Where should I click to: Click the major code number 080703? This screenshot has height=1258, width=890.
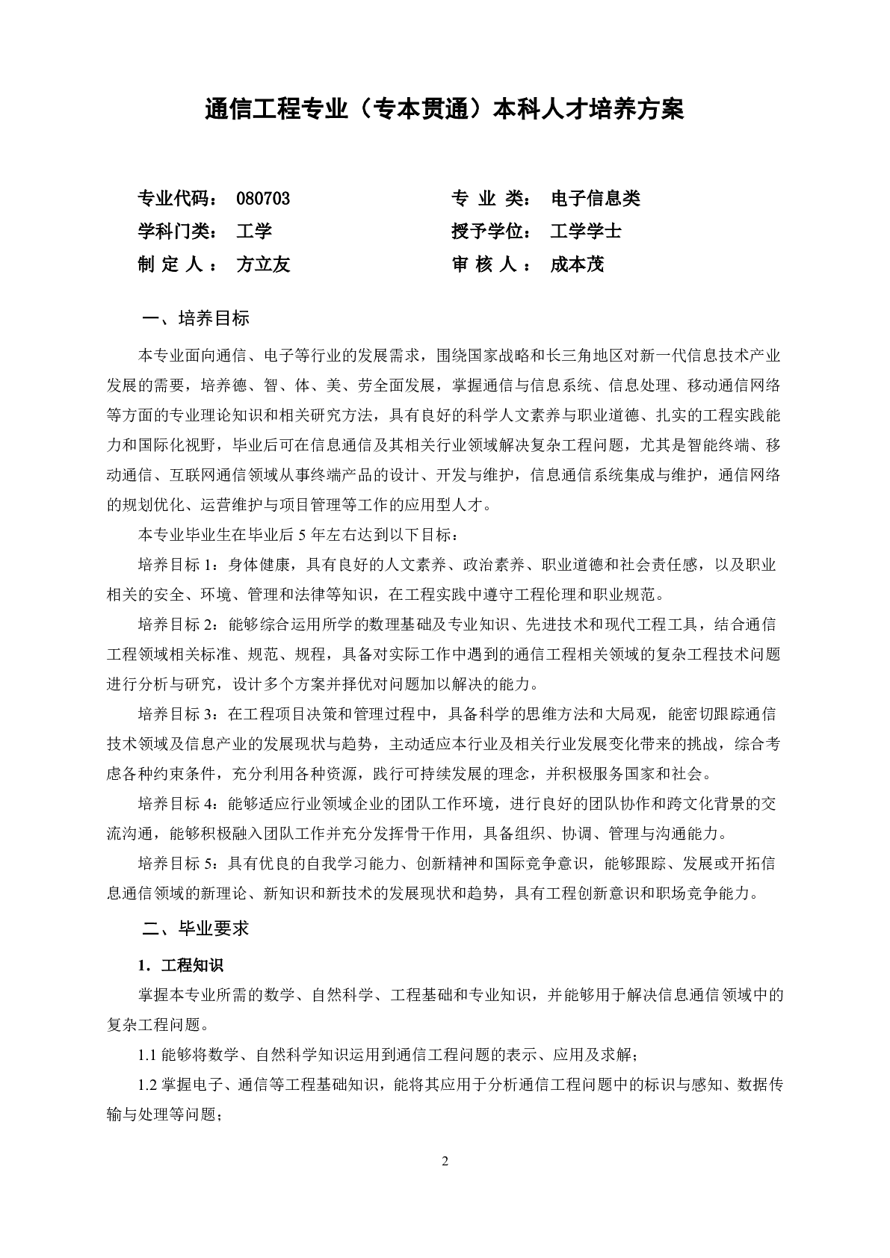pos(262,198)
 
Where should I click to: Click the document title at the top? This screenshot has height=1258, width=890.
pos(445,111)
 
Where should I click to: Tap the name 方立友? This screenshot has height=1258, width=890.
pos(262,264)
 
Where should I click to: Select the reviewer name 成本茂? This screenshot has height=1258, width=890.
pos(576,264)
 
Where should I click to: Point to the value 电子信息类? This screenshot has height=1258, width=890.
pos(595,198)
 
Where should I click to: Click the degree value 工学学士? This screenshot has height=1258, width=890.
pos(585,231)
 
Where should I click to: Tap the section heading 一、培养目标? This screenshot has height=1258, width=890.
pos(195,318)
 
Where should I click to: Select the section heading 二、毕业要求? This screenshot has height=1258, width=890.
pos(195,929)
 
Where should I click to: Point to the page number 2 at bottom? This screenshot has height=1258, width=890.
pos(445,1161)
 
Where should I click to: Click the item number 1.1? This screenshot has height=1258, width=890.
pos(147,1056)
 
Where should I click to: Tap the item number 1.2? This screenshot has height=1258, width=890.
pos(147,1085)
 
